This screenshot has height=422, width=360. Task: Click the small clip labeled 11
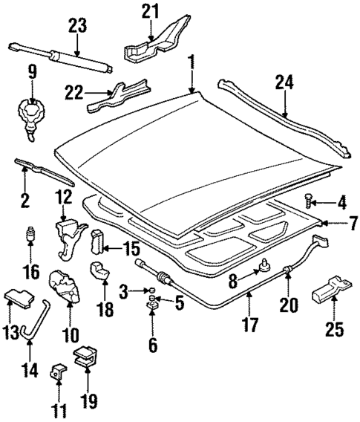coord(56,371)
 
